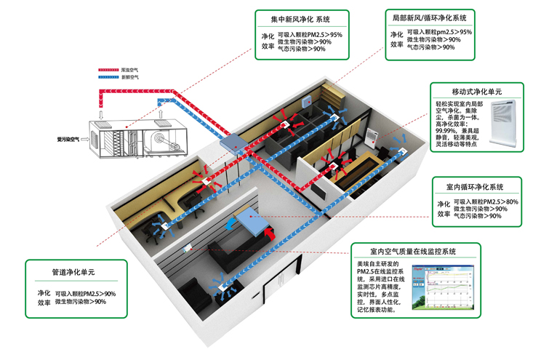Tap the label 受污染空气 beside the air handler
pyautogui.click(x=68, y=136)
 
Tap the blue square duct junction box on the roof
pyautogui.click(x=234, y=143)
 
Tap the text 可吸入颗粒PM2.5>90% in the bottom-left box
pyautogui.click(x=86, y=294)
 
